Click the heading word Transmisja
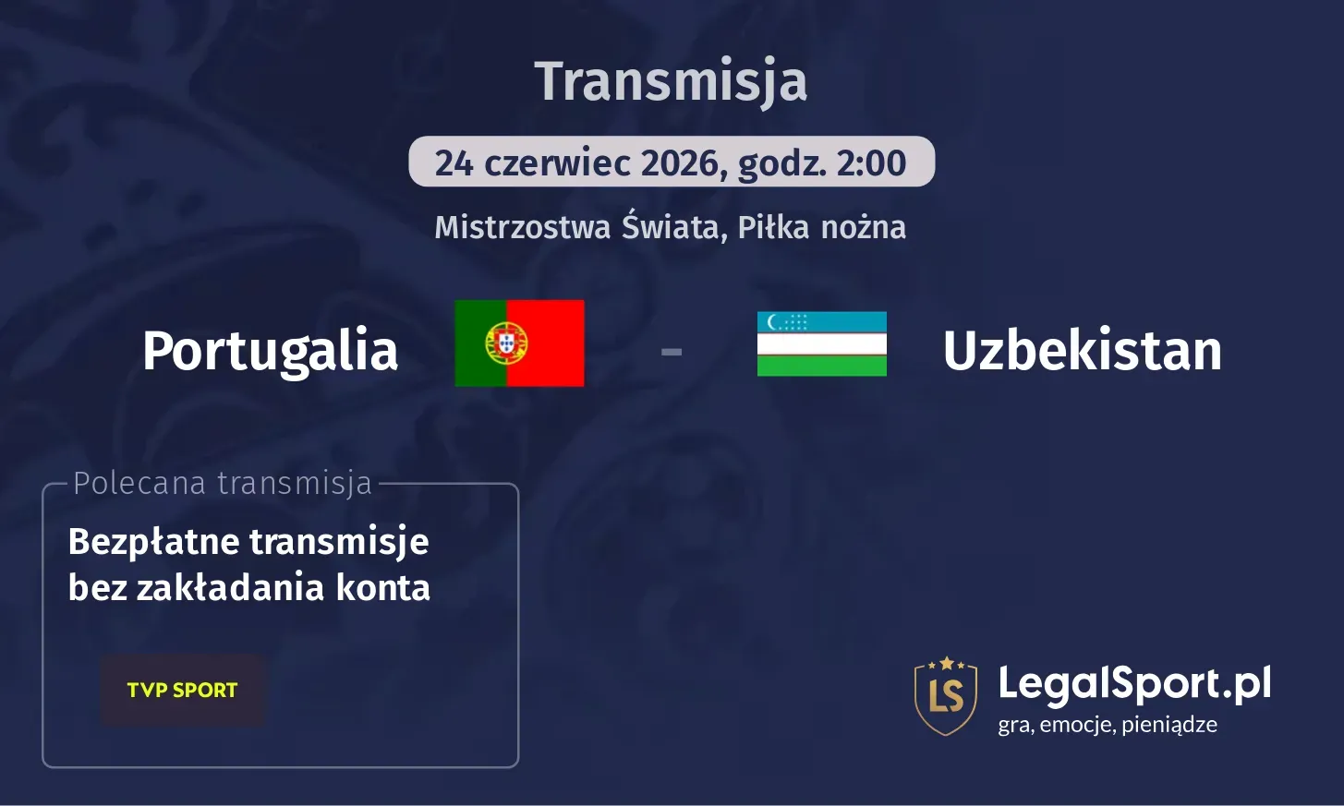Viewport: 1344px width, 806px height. (x=671, y=81)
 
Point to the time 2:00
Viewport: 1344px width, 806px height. (x=871, y=163)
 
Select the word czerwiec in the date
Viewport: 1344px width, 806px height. (x=557, y=163)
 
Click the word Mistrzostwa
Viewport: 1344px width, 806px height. (x=523, y=227)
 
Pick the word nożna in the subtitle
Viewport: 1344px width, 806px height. (x=864, y=227)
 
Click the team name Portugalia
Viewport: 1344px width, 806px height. (x=270, y=351)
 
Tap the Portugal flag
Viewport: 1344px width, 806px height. (x=519, y=343)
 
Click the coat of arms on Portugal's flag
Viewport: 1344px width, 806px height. (x=506, y=343)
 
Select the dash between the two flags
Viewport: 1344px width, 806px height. (x=672, y=351)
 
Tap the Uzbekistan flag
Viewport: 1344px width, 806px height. (x=821, y=343)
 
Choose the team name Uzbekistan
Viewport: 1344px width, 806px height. (x=1082, y=351)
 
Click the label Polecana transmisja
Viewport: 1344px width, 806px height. (x=222, y=483)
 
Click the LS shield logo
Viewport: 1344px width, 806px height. (x=945, y=695)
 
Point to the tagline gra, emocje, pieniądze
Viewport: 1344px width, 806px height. (x=1107, y=725)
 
